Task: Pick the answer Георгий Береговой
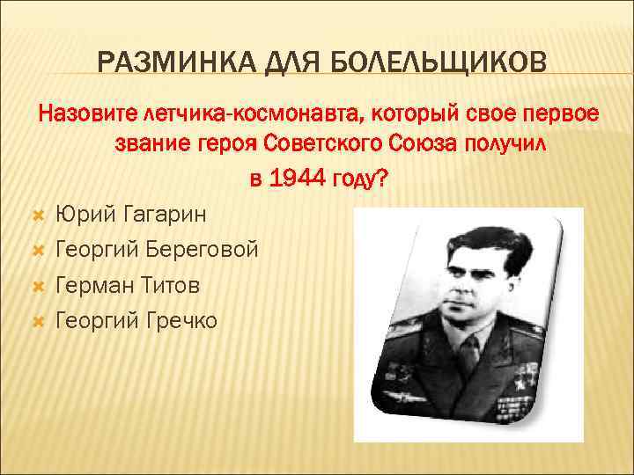click(157, 250)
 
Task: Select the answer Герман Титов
click(127, 286)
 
